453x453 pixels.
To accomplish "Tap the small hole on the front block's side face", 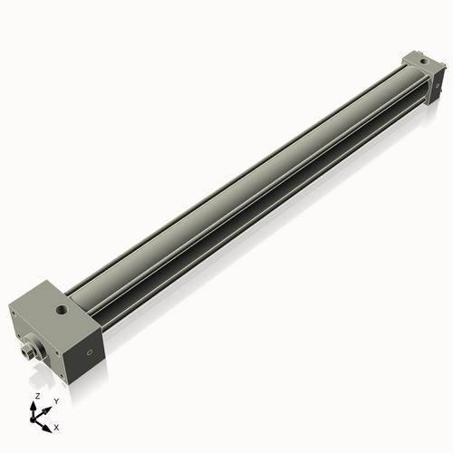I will point(89,352).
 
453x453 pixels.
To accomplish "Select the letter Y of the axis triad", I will point(55,400).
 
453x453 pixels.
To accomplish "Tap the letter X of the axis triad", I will point(56,426).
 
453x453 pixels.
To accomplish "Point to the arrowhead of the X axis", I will point(48,422).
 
